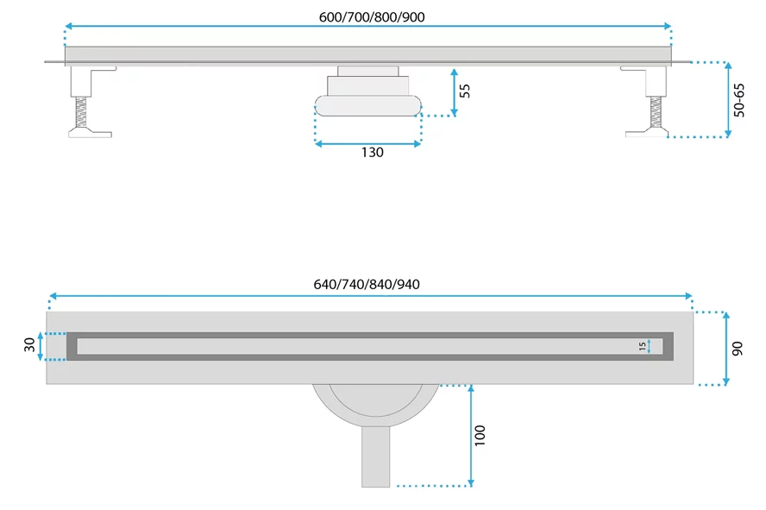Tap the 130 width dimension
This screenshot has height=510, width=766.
[372, 153]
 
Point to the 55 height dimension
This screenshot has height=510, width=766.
[465, 91]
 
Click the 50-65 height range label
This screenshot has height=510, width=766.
[739, 99]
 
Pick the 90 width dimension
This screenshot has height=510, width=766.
[739, 348]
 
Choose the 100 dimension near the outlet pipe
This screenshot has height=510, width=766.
[480, 435]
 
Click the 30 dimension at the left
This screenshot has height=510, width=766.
[30, 345]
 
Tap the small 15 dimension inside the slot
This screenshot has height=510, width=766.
[642, 346]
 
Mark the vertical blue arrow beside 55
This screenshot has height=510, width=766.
[454, 93]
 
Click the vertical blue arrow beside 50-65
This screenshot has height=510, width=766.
[728, 99]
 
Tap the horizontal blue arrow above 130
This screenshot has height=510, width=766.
[368, 143]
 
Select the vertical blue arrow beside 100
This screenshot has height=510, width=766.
[470, 435]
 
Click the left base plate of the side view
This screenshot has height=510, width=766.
[90, 133]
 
